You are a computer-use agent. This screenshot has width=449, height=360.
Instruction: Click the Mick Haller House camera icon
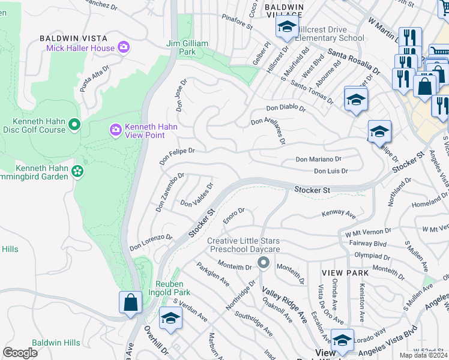pos(124,47)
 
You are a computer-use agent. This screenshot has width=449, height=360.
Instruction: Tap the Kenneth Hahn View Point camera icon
pos(116,130)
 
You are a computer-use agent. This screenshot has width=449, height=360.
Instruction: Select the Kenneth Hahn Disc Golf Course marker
pos(74,125)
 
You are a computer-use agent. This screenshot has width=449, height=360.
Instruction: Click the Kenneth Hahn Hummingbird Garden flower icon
pos(77,172)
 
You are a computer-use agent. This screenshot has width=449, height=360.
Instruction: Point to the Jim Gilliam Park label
pos(187,47)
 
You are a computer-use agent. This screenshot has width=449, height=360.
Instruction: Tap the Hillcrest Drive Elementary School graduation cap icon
pos(287,27)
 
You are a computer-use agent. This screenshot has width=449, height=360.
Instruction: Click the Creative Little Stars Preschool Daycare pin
pos(263,262)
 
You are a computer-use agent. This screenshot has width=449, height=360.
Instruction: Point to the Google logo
pos(20,352)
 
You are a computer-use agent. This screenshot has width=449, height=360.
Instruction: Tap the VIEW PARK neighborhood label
pos(340,272)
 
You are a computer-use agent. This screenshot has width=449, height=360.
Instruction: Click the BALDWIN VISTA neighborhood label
pos(68,38)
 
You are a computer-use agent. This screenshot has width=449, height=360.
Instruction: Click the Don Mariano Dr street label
pos(318,160)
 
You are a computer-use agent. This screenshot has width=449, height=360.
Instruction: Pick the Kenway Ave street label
pos(339,214)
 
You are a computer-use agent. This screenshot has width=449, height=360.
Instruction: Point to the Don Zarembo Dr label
pos(169,193)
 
